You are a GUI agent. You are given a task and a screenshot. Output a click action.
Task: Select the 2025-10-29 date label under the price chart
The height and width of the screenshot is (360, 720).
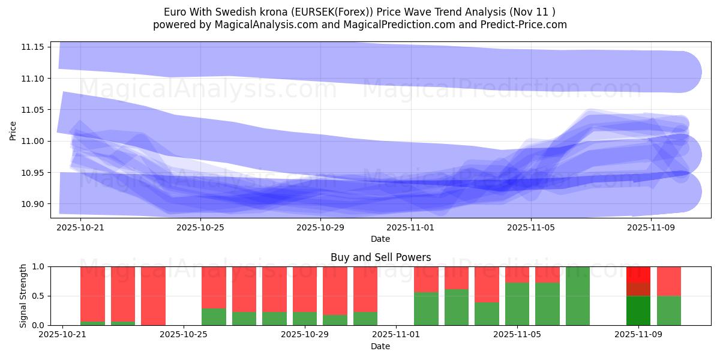pyautogui.click(x=320, y=228)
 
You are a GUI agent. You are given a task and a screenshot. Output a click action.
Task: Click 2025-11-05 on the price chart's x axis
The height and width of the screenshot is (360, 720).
pyautogui.click(x=530, y=228)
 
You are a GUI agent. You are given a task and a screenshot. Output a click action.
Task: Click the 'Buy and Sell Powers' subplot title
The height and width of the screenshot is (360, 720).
pyautogui.click(x=380, y=257)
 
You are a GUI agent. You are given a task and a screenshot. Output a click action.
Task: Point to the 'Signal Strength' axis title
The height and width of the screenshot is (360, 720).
pyautogui.click(x=23, y=296)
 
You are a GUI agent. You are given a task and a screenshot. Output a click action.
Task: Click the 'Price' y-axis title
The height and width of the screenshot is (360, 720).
pyautogui.click(x=13, y=130)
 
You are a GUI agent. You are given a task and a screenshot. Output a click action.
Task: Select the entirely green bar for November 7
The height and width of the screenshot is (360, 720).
pyautogui.click(x=578, y=296)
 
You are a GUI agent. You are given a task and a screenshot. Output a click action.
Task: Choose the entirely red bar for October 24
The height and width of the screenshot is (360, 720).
pyautogui.click(x=153, y=296)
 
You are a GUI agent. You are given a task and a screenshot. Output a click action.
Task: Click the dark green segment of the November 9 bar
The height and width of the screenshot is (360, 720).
pyautogui.click(x=638, y=310)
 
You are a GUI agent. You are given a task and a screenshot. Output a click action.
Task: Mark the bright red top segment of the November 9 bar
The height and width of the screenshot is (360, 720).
pyautogui.click(x=638, y=274)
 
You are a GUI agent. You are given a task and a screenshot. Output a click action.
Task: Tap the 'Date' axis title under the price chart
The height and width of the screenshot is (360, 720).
pyautogui.click(x=380, y=239)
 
